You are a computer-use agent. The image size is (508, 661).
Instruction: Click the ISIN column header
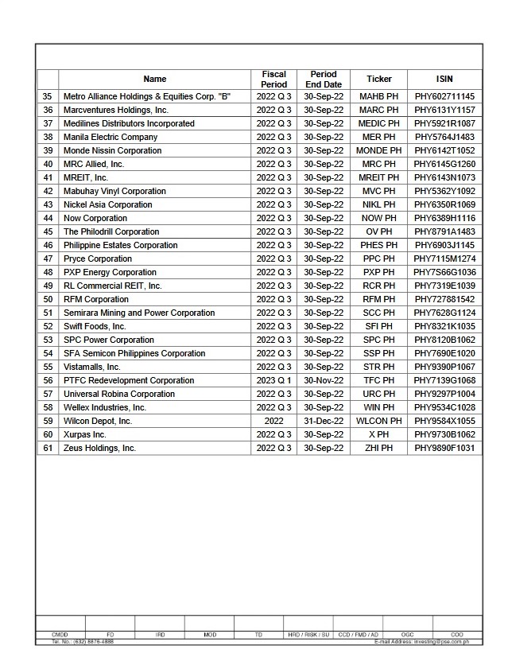click(x=444, y=80)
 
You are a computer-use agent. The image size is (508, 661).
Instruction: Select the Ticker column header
click(x=379, y=80)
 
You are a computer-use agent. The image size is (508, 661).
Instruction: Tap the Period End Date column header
click(x=324, y=80)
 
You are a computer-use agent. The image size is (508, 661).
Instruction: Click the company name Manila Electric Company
click(x=111, y=137)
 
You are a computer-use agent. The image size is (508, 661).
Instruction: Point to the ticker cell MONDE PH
click(x=379, y=150)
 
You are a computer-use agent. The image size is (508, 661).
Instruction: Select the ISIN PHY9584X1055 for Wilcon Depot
click(x=444, y=421)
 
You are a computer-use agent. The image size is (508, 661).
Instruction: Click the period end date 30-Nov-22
click(x=324, y=380)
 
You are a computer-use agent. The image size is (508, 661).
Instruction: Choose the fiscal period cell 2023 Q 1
click(x=273, y=380)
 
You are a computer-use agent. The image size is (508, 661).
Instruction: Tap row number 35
click(x=48, y=96)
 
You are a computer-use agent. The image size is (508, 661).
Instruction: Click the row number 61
click(x=48, y=448)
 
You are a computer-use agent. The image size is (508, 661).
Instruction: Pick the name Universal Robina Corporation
click(x=119, y=394)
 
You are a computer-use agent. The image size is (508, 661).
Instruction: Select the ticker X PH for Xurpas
click(x=379, y=434)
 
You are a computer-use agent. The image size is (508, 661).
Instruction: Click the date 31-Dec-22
click(x=324, y=421)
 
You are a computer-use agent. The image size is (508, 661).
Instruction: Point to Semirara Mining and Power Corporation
click(x=139, y=313)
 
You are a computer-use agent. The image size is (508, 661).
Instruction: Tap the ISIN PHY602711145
click(x=444, y=96)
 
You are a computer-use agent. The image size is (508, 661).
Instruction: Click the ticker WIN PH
click(x=379, y=407)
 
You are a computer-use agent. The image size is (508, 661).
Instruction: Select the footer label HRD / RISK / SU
click(x=308, y=635)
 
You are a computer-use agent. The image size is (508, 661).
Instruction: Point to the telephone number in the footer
click(x=83, y=641)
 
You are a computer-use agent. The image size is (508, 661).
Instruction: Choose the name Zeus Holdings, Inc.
click(x=99, y=448)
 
